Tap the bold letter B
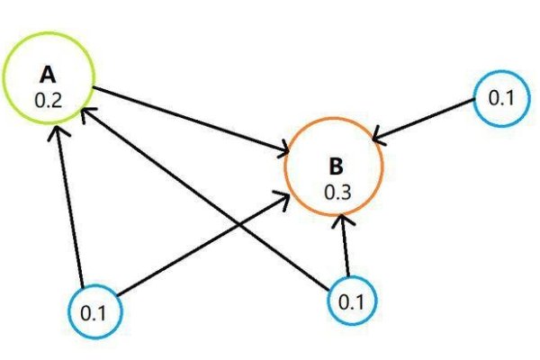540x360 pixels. (335, 166)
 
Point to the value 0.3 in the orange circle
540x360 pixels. (335, 191)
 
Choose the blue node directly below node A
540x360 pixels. (94, 312)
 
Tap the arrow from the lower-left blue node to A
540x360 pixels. (71, 207)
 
